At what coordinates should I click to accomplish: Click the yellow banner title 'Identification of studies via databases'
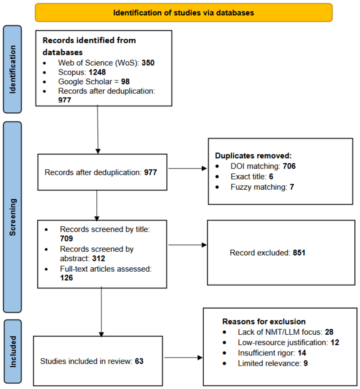184,13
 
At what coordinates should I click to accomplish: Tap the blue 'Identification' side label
12,69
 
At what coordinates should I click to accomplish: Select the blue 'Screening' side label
12,217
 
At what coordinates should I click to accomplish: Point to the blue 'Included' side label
13,352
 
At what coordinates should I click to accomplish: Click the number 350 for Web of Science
148,63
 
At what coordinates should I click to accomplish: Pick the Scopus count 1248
97,72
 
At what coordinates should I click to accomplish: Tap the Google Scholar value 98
125,82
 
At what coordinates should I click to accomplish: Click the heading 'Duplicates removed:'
253,156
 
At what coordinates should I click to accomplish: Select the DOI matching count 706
289,166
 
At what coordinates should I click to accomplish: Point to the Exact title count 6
271,177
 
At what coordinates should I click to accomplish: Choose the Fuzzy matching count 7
292,187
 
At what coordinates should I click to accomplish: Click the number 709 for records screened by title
67,238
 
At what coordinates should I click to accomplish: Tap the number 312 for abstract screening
99,258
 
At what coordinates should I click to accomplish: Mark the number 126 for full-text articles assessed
67,278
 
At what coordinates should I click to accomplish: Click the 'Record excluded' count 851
299,253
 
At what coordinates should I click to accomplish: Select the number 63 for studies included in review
139,361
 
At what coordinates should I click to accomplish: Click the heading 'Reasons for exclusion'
264,322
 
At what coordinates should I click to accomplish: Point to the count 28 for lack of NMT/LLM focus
329,332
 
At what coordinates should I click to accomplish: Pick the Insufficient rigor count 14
302,353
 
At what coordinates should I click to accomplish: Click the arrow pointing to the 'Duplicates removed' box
188,168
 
